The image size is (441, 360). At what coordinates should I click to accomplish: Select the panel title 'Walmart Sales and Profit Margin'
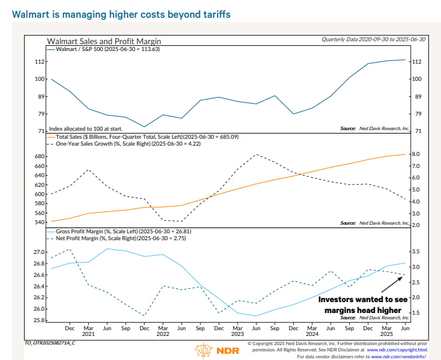(x=104, y=41)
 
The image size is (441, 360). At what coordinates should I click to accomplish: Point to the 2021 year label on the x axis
(x=88, y=334)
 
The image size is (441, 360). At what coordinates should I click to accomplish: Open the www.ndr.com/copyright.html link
(x=397, y=349)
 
